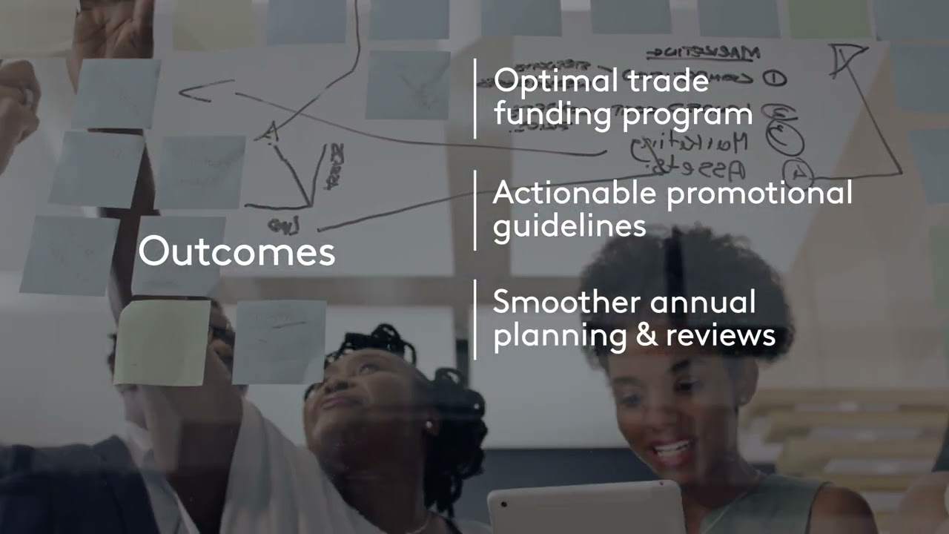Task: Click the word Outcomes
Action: pos(237,251)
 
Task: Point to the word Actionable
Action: pos(574,193)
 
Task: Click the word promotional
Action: pos(759,194)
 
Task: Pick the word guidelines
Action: pos(569,225)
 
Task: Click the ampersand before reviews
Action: pos(645,335)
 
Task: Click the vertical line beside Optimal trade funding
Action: pos(475,99)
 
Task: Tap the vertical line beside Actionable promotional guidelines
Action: pos(475,210)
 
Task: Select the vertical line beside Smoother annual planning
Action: pos(475,319)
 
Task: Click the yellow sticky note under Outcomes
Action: pos(162,343)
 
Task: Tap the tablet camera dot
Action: pos(504,504)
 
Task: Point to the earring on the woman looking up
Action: pos(429,428)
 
